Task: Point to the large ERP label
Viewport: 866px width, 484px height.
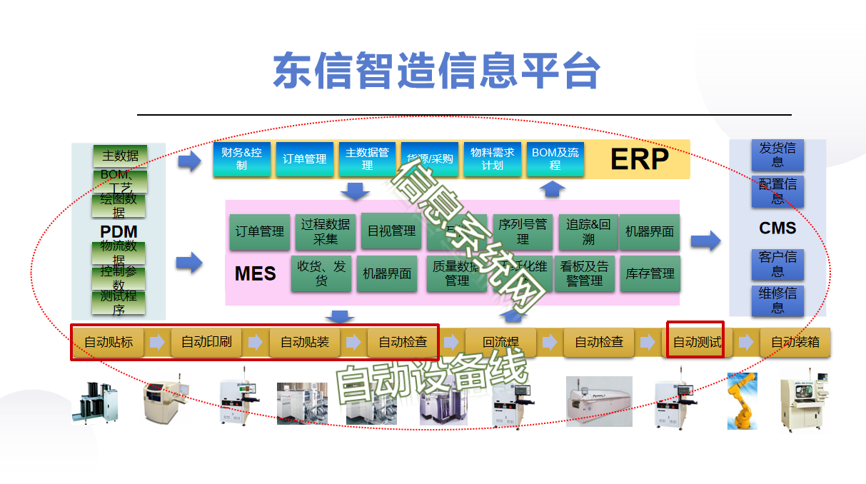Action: tap(639, 159)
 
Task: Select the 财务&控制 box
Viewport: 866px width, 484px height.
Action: tap(242, 159)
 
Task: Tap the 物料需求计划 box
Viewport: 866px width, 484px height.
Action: tap(492, 159)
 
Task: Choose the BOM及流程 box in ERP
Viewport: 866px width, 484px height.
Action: tap(555, 159)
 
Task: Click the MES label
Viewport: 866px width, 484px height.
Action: tap(255, 273)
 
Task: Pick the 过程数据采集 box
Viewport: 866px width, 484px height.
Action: tap(325, 231)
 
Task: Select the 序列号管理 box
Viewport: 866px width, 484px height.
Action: tap(523, 231)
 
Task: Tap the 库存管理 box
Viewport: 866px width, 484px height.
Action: tap(650, 273)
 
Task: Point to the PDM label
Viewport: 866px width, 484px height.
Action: tap(119, 232)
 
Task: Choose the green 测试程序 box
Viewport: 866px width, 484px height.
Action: tap(119, 303)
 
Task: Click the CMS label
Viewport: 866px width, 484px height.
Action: tap(777, 228)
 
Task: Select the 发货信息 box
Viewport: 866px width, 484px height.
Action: tap(777, 155)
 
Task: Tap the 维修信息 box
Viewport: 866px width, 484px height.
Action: tap(777, 301)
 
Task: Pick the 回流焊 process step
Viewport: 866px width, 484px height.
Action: tap(500, 343)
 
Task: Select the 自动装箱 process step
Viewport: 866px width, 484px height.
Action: tap(795, 343)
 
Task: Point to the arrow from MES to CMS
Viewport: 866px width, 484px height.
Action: tap(705, 241)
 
